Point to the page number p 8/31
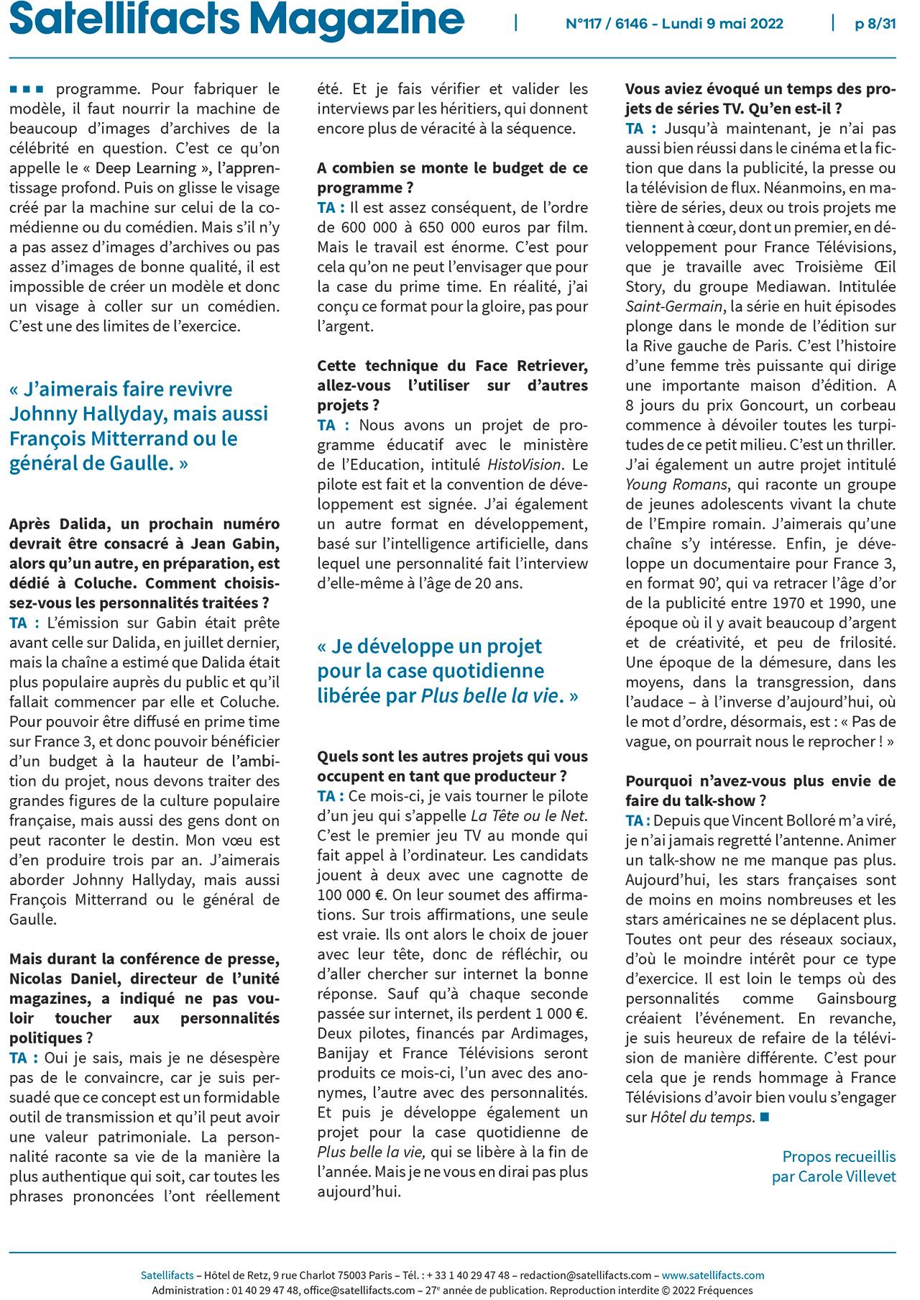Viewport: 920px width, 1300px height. point(875,24)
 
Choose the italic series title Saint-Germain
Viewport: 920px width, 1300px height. point(672,306)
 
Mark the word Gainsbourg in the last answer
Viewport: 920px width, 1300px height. point(856,999)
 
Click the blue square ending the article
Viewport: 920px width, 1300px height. point(764,1117)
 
